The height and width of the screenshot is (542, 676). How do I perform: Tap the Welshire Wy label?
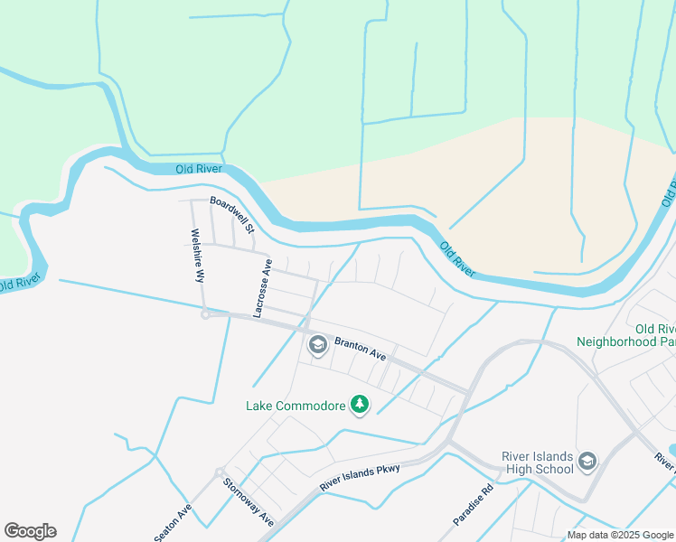point(196,256)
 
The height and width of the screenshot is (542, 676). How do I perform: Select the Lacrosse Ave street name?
point(263,288)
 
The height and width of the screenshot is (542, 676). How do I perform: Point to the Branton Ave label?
point(361,349)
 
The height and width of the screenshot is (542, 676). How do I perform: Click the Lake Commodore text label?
point(296,406)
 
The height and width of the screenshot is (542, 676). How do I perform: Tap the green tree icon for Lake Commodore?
point(361,405)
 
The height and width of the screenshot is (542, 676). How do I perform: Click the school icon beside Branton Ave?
point(317,344)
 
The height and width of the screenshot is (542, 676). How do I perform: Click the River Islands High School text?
point(538,462)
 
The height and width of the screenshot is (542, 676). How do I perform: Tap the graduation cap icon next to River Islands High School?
point(587,463)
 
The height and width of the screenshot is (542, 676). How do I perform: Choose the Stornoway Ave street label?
point(249,503)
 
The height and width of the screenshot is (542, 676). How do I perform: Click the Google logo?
point(30,531)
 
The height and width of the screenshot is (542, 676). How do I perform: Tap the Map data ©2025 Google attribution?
point(621,535)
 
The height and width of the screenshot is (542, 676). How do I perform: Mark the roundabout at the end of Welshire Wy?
point(205,314)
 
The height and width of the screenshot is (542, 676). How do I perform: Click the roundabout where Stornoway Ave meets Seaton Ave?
point(219,472)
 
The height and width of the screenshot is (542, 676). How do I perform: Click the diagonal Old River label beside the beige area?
point(458,259)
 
